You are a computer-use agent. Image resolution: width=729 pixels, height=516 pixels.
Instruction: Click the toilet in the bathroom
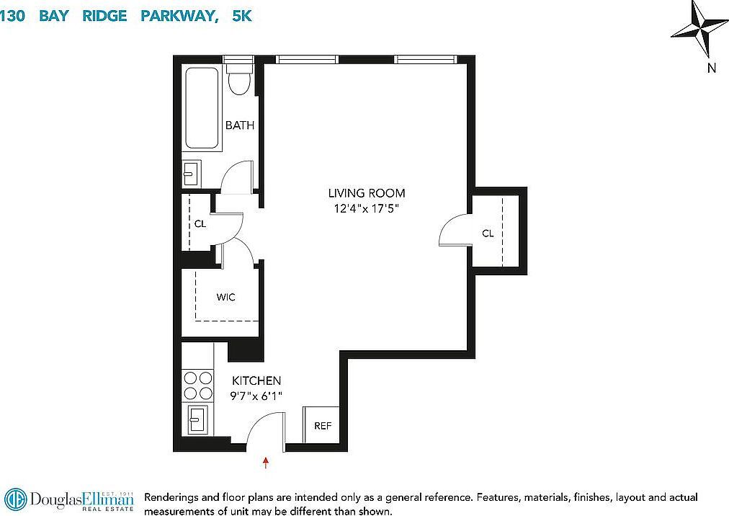[x=238, y=79]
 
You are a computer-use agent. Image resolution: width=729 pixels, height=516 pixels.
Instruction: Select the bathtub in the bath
[x=202, y=108]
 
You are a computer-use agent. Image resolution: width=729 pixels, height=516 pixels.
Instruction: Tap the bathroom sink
[x=191, y=173]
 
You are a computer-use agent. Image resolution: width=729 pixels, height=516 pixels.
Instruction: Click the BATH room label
[x=240, y=125]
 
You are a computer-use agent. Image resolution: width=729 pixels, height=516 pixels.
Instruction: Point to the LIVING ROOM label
[x=367, y=193]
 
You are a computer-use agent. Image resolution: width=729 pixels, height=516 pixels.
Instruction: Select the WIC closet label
[x=226, y=297]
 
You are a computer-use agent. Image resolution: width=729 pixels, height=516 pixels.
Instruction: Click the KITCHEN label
[x=256, y=381]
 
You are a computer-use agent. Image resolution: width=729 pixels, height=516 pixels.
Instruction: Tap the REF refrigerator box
[x=323, y=425]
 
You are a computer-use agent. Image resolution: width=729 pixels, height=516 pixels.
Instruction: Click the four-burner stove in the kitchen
[x=198, y=385]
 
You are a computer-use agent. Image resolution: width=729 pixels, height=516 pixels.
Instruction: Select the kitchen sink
[x=198, y=419]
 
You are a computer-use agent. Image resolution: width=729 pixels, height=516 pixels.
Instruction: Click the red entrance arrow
[x=267, y=462]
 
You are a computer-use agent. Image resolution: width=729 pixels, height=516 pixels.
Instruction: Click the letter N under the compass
[x=711, y=68]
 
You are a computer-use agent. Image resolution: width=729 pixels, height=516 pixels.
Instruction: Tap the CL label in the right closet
[x=488, y=233]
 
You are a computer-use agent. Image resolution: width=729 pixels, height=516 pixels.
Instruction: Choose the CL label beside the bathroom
[x=200, y=223]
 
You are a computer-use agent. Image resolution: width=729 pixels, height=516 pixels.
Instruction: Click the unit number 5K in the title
[x=242, y=16]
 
